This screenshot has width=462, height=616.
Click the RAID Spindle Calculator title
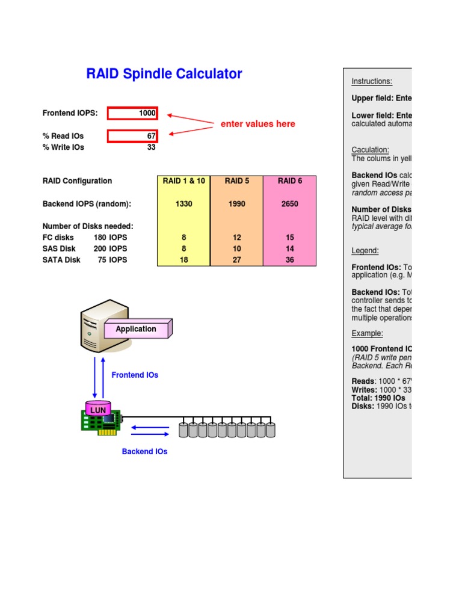pyautogui.click(x=164, y=74)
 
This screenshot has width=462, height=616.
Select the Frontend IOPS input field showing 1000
pyautogui.click(x=132, y=113)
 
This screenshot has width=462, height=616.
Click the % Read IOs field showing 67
pyautogui.click(x=132, y=136)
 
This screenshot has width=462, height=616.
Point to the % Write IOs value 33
pyautogui.click(x=151, y=147)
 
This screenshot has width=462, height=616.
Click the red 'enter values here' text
pyautogui.click(x=257, y=124)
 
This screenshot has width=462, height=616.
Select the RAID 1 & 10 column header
pyautogui.click(x=183, y=181)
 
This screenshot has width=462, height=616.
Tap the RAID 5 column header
pyautogui.click(x=236, y=181)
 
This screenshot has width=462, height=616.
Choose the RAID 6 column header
pyautogui.click(x=289, y=181)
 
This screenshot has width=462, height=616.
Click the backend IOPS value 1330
pyautogui.click(x=183, y=204)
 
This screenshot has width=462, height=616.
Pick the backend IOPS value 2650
pyautogui.click(x=289, y=204)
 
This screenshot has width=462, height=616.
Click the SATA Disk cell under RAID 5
pyautogui.click(x=236, y=260)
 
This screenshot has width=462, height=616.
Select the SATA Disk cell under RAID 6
pyautogui.click(x=289, y=260)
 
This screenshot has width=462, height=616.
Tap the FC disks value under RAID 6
pyautogui.click(x=289, y=238)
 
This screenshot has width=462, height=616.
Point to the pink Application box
pyautogui.click(x=137, y=329)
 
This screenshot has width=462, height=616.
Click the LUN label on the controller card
pyautogui.click(x=97, y=410)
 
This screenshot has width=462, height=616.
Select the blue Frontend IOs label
pyautogui.click(x=135, y=375)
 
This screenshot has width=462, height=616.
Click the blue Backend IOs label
pyautogui.click(x=144, y=451)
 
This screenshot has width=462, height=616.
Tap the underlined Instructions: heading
pyautogui.click(x=372, y=82)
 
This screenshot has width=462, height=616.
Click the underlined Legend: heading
pyautogui.click(x=365, y=251)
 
